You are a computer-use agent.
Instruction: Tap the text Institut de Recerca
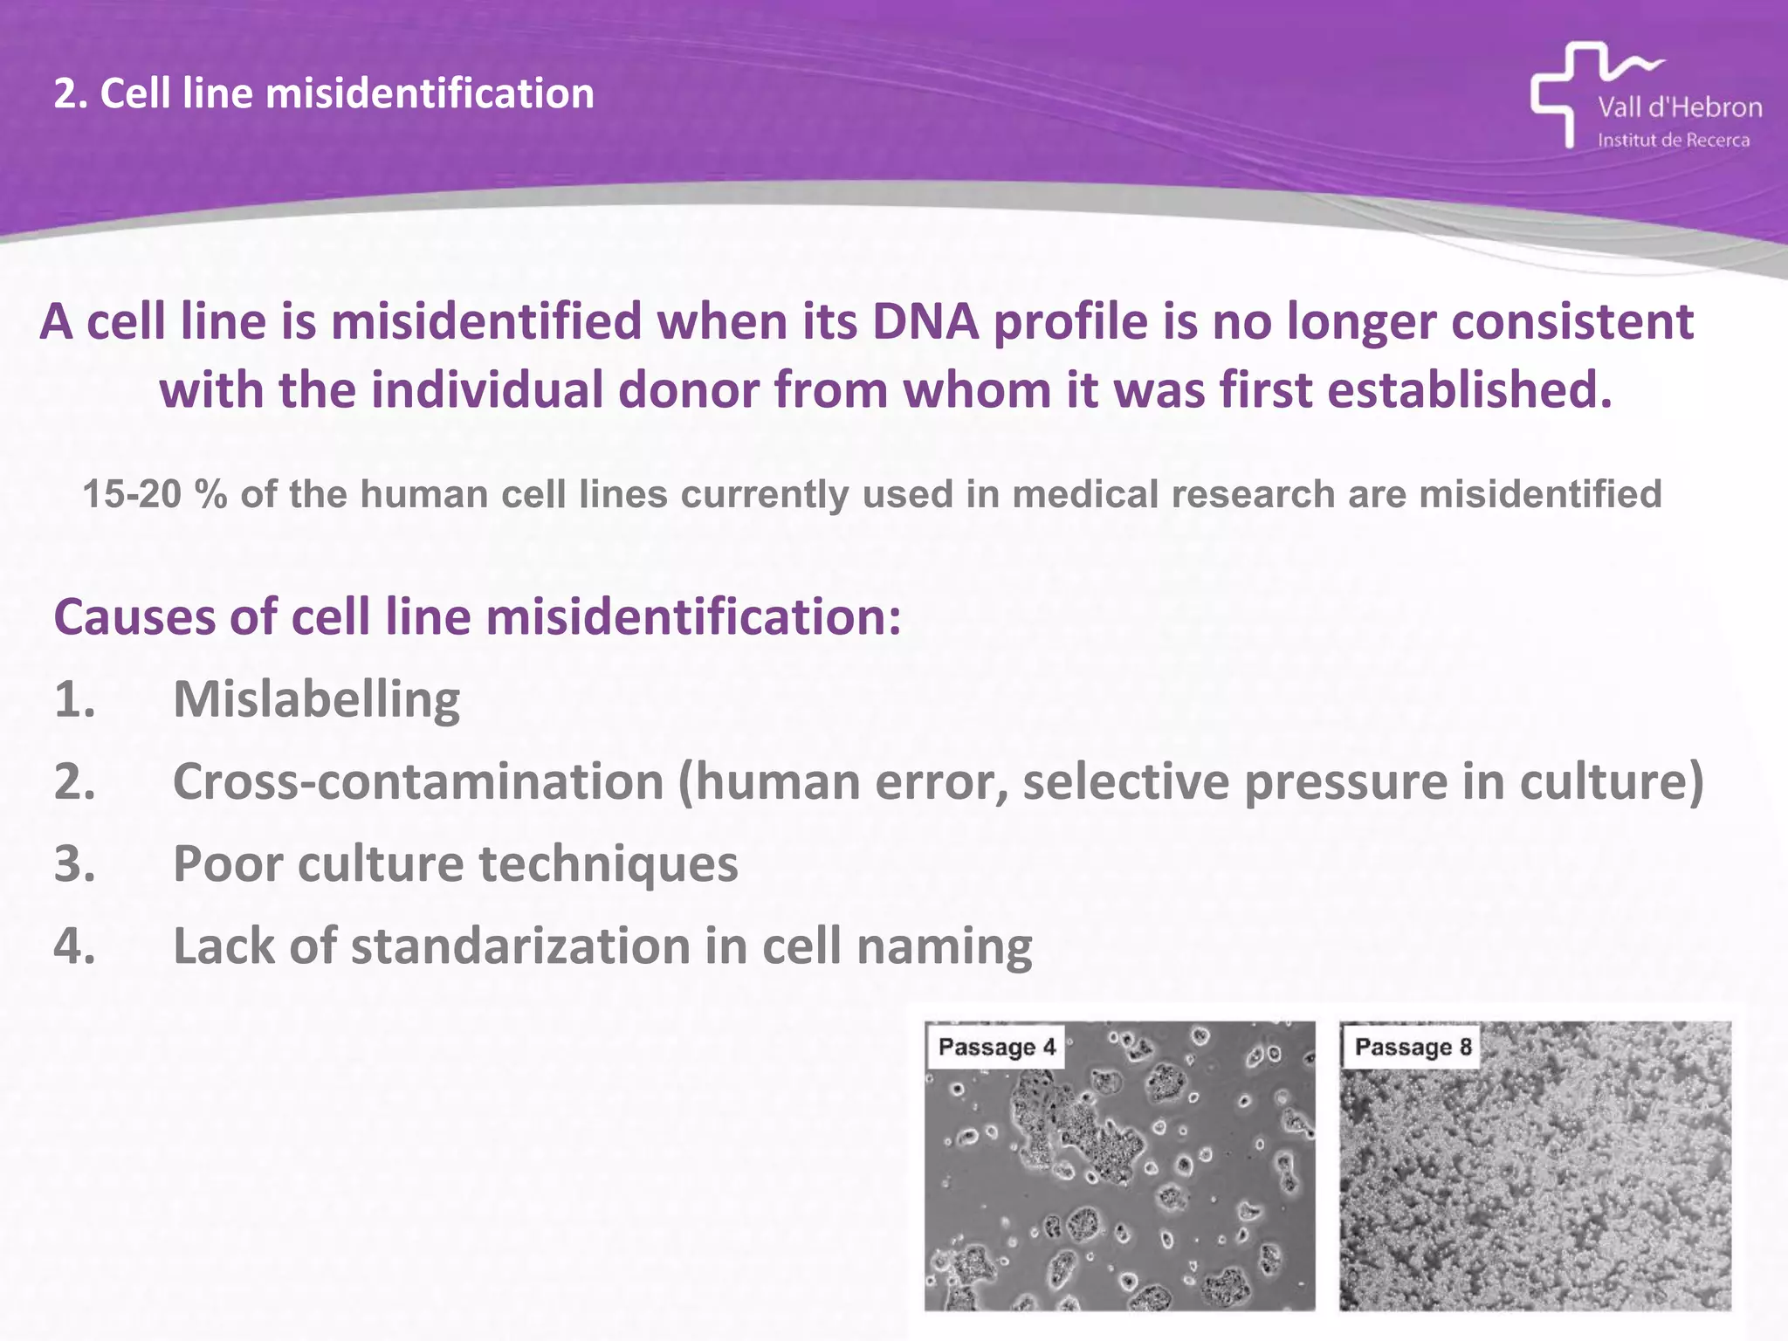point(1673,141)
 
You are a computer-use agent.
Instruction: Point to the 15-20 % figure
point(155,494)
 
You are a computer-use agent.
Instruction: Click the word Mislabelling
point(316,699)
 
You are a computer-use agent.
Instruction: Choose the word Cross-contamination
point(418,781)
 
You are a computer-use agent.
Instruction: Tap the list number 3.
point(74,863)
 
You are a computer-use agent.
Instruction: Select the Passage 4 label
point(996,1047)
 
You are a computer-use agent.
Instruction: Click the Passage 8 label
point(1412,1047)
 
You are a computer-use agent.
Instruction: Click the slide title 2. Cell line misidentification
point(324,93)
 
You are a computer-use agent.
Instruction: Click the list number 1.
point(74,699)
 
